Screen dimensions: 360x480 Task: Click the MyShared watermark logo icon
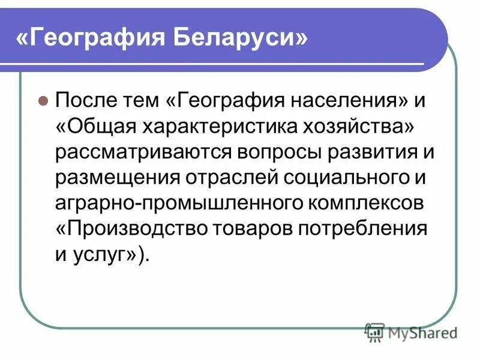click(x=374, y=332)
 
